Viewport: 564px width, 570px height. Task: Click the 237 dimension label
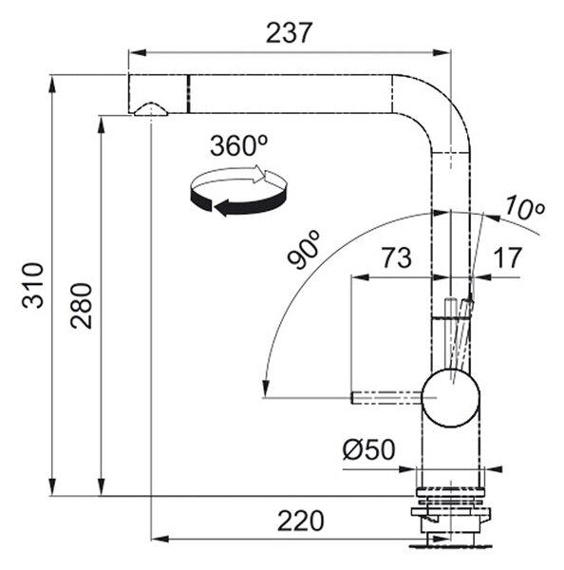click(x=289, y=32)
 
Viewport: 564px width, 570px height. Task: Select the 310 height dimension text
click(x=32, y=285)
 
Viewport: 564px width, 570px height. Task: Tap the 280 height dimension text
click(x=82, y=306)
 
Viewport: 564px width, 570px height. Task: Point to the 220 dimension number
click(x=301, y=521)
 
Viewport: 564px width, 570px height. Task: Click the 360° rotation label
click(x=238, y=145)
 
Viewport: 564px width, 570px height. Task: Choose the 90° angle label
click(x=304, y=249)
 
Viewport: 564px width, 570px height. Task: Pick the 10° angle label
click(x=524, y=209)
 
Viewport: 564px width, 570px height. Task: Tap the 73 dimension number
click(x=396, y=257)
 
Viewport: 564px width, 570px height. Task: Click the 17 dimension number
click(x=507, y=257)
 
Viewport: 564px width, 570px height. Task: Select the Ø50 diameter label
click(x=368, y=449)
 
